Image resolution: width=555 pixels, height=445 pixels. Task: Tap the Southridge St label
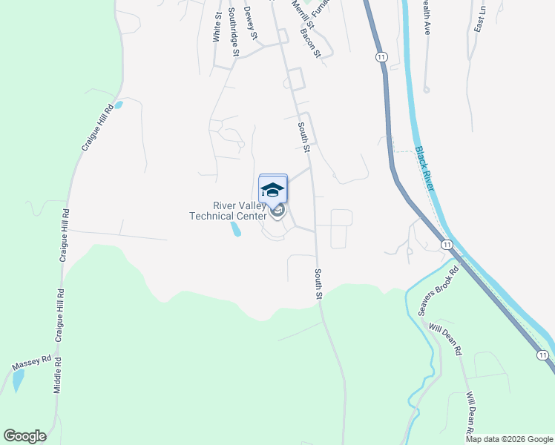(234, 31)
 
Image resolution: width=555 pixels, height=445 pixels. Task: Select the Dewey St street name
(251, 22)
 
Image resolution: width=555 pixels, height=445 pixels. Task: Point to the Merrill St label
(303, 15)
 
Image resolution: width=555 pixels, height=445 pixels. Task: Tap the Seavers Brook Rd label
(439, 289)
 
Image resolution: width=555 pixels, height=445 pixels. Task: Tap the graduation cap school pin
(273, 190)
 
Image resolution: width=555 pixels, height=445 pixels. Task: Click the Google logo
(24, 436)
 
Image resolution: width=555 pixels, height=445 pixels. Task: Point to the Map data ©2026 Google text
(509, 439)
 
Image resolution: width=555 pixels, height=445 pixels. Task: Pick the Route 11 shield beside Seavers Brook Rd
(446, 244)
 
